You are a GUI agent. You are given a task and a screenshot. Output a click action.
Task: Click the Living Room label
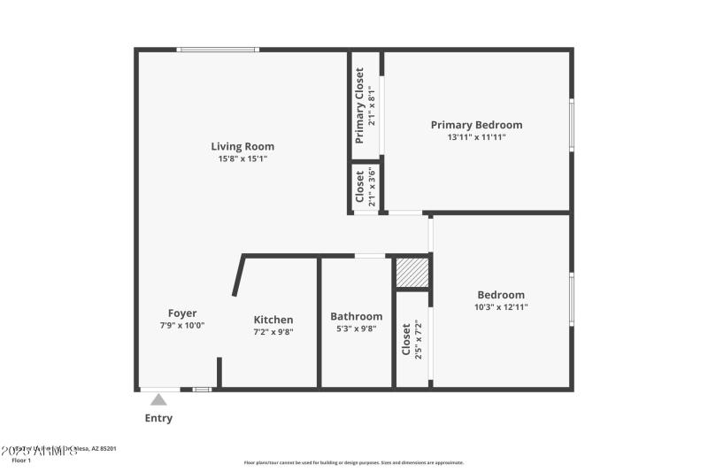click(x=242, y=146)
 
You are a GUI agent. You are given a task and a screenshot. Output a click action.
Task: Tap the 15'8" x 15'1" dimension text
click(x=242, y=159)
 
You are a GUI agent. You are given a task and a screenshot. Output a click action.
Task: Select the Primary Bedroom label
click(x=476, y=125)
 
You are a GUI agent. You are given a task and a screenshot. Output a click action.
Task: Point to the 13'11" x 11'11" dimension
click(x=476, y=137)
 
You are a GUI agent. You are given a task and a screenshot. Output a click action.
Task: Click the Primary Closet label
click(x=360, y=105)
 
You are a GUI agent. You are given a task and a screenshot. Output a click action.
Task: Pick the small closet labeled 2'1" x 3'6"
click(x=366, y=188)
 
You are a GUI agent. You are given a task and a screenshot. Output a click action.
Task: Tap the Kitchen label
click(x=273, y=320)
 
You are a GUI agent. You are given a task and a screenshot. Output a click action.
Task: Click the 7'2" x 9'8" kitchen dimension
click(x=273, y=332)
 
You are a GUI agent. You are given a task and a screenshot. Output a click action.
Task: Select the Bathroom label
click(x=356, y=316)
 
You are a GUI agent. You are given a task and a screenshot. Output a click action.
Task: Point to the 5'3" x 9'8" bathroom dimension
click(x=356, y=329)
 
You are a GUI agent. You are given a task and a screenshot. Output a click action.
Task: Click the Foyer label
click(x=182, y=313)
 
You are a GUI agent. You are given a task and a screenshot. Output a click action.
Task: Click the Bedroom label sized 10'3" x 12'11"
click(x=501, y=295)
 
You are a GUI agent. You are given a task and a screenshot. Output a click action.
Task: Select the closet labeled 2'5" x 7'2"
click(x=412, y=339)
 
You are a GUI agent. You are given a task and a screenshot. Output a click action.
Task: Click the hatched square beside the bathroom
click(x=412, y=274)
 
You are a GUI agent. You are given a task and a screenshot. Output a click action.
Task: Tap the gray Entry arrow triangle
click(x=158, y=399)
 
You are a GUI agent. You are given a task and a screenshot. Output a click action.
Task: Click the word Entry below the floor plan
click(x=158, y=418)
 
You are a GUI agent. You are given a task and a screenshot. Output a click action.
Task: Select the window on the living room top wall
click(x=217, y=50)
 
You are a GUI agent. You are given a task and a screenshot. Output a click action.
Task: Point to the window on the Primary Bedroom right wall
click(x=572, y=125)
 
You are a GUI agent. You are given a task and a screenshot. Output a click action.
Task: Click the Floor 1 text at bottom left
click(x=21, y=460)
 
